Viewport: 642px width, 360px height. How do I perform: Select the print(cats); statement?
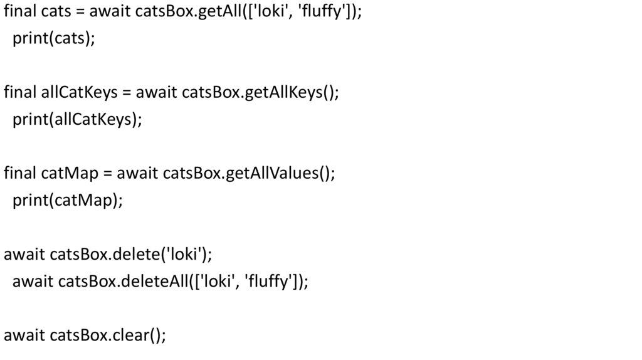tap(54, 38)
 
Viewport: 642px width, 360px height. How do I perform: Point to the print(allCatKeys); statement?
tap(77, 119)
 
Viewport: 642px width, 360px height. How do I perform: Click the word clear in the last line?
tap(129, 336)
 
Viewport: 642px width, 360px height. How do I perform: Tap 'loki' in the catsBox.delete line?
tap(182, 254)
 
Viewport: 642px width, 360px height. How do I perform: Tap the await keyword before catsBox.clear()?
tap(24, 336)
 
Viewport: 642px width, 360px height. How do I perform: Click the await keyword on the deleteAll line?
tap(33, 282)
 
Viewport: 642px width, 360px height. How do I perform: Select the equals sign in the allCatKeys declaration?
tap(125, 92)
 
